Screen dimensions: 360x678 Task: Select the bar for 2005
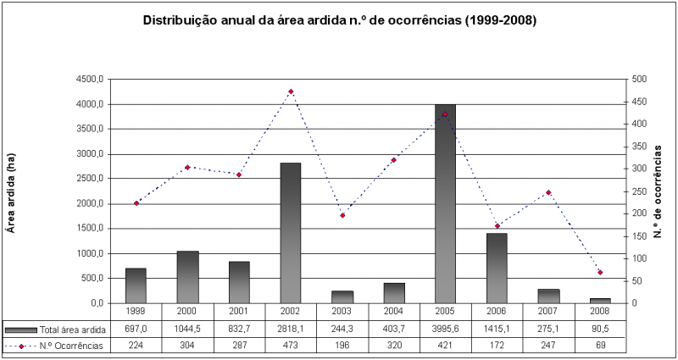pyautogui.click(x=445, y=203)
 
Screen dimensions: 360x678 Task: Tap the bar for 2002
pyautogui.click(x=291, y=233)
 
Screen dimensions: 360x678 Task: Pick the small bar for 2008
pyautogui.click(x=600, y=300)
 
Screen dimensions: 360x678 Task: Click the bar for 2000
pyautogui.click(x=187, y=277)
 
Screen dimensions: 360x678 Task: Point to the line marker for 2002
pyautogui.click(x=291, y=91)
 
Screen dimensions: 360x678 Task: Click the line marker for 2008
pyautogui.click(x=600, y=272)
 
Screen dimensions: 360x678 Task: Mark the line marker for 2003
pyautogui.click(x=342, y=215)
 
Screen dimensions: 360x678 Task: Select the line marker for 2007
pyautogui.click(x=548, y=192)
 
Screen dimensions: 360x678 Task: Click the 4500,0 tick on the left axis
pyautogui.click(x=89, y=80)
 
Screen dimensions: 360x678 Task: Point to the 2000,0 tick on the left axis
pyautogui.click(x=89, y=203)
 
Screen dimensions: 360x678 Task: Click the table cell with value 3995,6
pyautogui.click(x=445, y=329)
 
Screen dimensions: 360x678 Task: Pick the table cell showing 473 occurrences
pyautogui.click(x=291, y=345)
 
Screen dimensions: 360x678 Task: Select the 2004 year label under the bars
pyautogui.click(x=393, y=312)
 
